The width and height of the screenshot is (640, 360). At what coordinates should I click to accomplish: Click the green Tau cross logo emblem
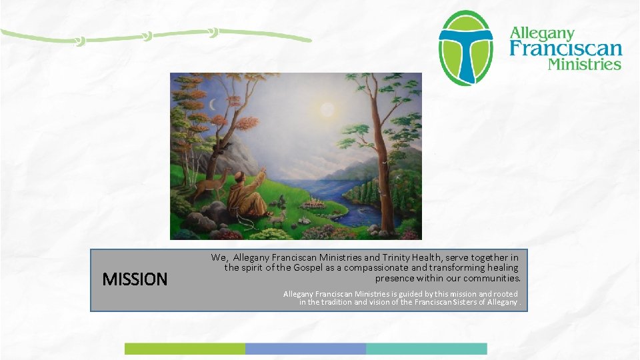click(x=465, y=48)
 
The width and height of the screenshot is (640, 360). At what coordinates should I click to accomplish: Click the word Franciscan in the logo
click(x=566, y=48)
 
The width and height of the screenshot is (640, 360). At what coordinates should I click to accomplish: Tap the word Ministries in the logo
click(x=584, y=65)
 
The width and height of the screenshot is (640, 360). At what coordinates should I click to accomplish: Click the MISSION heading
click(x=135, y=279)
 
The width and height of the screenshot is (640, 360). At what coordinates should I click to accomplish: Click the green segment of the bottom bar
click(x=185, y=349)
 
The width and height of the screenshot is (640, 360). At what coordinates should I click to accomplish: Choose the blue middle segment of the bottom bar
click(x=305, y=349)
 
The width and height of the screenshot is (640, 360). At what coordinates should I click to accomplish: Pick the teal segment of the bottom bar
click(x=427, y=349)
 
